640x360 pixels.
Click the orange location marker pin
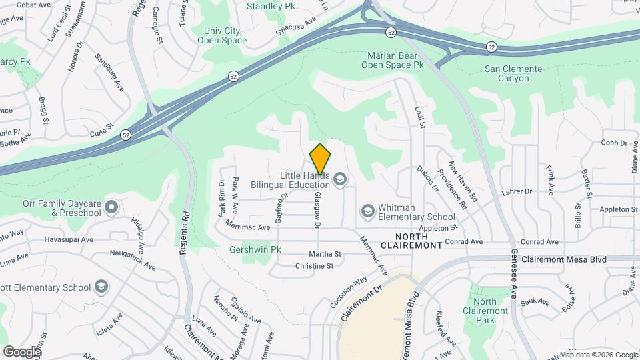321,159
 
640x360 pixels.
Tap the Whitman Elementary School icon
367,211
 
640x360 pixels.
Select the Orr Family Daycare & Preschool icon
111,205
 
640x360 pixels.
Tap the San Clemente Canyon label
516,73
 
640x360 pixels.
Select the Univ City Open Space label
222,35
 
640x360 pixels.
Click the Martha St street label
325,254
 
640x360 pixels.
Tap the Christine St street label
314,265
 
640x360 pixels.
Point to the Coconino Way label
348,293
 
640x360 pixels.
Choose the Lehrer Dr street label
518,191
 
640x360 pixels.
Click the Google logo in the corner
22,351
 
